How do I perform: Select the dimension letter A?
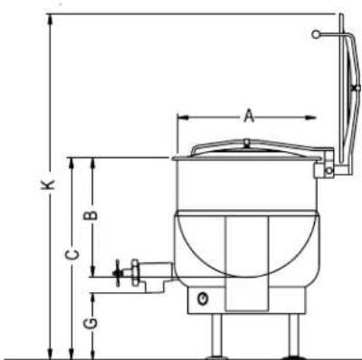click(x=249, y=117)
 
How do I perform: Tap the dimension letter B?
click(x=90, y=215)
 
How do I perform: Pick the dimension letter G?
click(x=90, y=323)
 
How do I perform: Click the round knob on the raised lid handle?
click(x=316, y=34)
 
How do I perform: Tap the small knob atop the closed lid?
click(x=247, y=142)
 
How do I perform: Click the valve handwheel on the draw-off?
click(x=118, y=273)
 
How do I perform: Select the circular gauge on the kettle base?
click(x=203, y=298)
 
